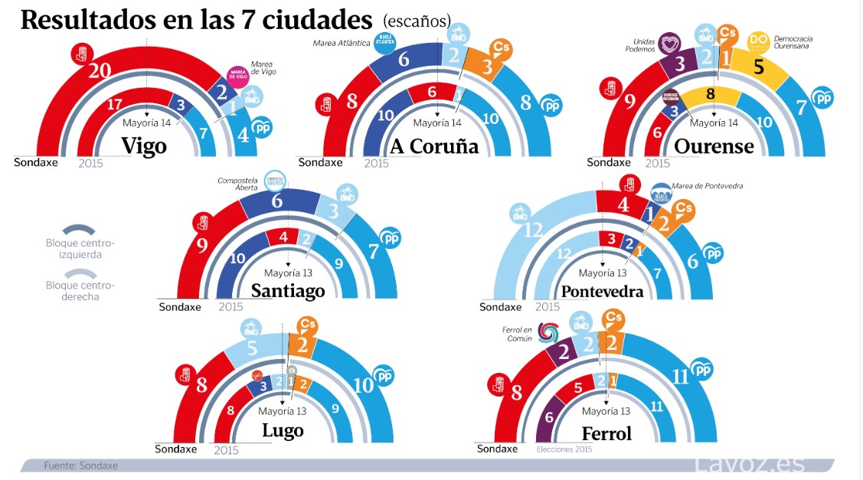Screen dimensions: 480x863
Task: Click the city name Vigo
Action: (x=144, y=146)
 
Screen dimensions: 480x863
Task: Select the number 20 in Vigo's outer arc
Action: (x=100, y=71)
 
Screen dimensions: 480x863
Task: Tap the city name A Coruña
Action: (x=434, y=146)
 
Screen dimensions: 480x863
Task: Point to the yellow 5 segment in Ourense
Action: (x=759, y=67)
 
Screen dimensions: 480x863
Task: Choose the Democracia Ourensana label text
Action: (x=793, y=42)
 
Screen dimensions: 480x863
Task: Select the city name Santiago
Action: (x=288, y=291)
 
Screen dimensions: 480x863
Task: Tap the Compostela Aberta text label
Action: (x=238, y=184)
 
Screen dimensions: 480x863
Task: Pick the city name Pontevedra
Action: (x=602, y=292)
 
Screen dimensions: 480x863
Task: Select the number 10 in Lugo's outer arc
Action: (x=363, y=384)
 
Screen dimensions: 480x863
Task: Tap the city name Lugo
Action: (x=283, y=430)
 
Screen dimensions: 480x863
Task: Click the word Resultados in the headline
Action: (x=100, y=20)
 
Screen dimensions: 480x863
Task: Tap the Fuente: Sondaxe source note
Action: (x=80, y=465)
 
